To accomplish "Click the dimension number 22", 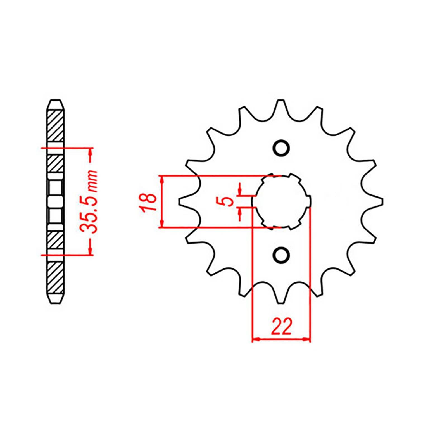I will (x=281, y=326).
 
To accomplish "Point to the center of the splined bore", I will (x=281, y=201).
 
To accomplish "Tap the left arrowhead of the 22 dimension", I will (x=256, y=339).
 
